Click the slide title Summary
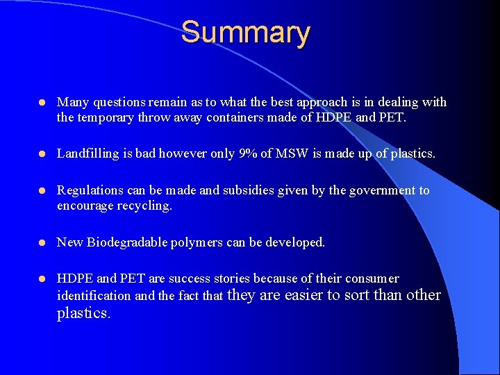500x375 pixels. (245, 33)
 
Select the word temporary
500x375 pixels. (103, 117)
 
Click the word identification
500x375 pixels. (93, 296)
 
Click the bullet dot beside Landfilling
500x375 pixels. (41, 153)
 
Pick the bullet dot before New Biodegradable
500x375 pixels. (41, 242)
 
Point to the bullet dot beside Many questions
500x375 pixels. (41, 102)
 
